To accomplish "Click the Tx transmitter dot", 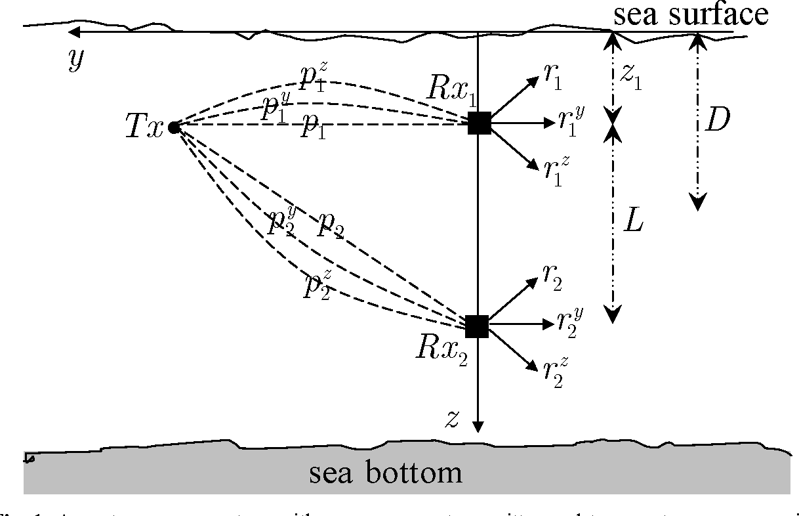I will click(x=174, y=127).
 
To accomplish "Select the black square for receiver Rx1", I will click(x=479, y=123).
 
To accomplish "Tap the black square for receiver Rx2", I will click(x=477, y=326).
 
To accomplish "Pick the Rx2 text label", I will click(x=441, y=349).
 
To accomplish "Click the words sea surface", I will click(x=690, y=14).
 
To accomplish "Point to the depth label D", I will click(x=716, y=121).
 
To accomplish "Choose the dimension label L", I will click(x=633, y=223).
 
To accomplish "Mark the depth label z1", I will click(x=631, y=76).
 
